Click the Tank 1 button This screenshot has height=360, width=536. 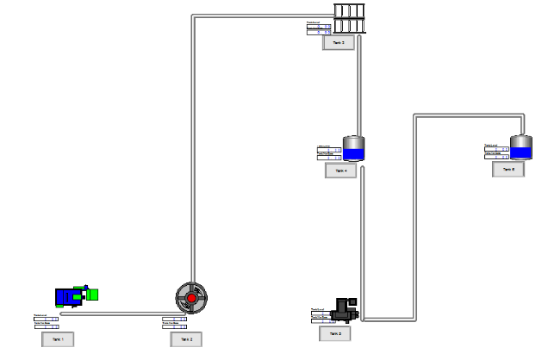[x=58, y=339]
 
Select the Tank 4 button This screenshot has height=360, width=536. [x=340, y=171]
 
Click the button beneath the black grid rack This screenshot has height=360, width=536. [x=339, y=42]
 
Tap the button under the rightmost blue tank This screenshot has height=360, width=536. [x=508, y=170]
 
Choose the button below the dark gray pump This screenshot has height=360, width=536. [x=334, y=332]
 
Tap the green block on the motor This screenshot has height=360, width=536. [x=91, y=295]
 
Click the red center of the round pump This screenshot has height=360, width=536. [x=191, y=298]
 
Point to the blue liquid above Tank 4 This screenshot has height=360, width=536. [x=354, y=155]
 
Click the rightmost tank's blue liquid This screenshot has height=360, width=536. [x=520, y=153]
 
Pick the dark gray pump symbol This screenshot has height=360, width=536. [x=348, y=307]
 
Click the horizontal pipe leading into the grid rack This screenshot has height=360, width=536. [x=259, y=15]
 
